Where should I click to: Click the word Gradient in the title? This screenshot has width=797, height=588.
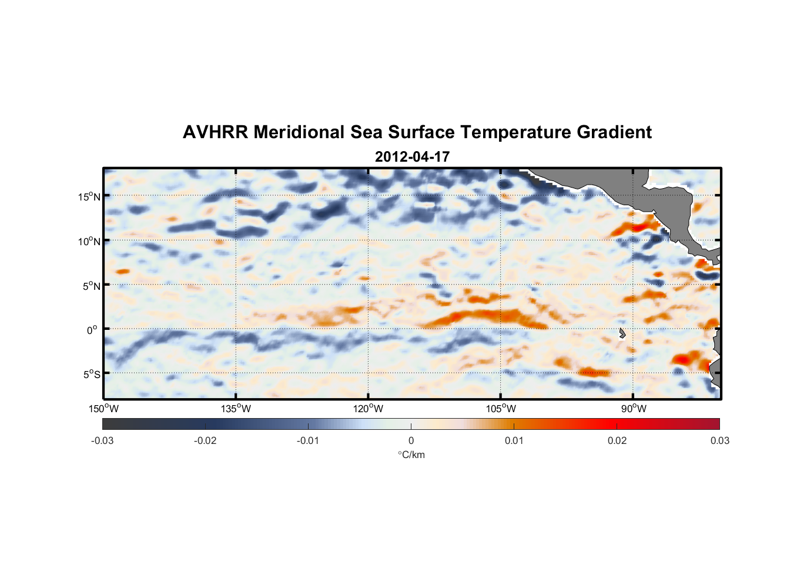(614, 132)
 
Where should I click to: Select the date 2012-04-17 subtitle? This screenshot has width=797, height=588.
(412, 157)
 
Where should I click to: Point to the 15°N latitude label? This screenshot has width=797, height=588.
(89, 196)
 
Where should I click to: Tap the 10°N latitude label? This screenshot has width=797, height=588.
(89, 241)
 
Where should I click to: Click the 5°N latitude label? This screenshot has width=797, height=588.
(91, 286)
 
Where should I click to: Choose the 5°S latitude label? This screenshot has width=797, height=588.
(91, 374)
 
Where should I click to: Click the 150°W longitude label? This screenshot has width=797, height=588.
(103, 409)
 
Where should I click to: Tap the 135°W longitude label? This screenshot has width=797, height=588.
(236, 409)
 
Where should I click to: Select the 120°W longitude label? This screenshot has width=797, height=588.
(368, 409)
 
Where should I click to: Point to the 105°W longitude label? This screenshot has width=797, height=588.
(501, 409)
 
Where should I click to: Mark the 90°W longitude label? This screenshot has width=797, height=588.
(633, 409)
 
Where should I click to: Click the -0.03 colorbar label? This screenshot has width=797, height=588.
(102, 440)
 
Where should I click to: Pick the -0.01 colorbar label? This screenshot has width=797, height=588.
(308, 440)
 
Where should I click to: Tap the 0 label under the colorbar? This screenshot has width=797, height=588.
(411, 440)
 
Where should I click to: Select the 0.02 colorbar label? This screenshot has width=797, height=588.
(617, 440)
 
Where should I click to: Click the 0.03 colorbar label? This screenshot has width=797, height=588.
(719, 440)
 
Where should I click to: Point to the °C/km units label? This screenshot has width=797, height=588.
(411, 455)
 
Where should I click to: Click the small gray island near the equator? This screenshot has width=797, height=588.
(622, 333)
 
